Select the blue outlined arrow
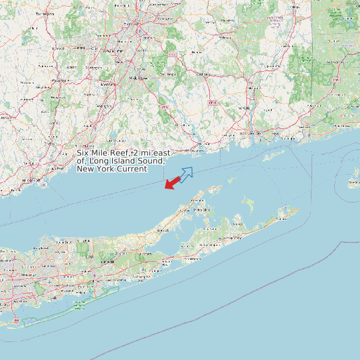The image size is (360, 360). click(185, 174)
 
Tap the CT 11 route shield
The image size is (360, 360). click(213, 103)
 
